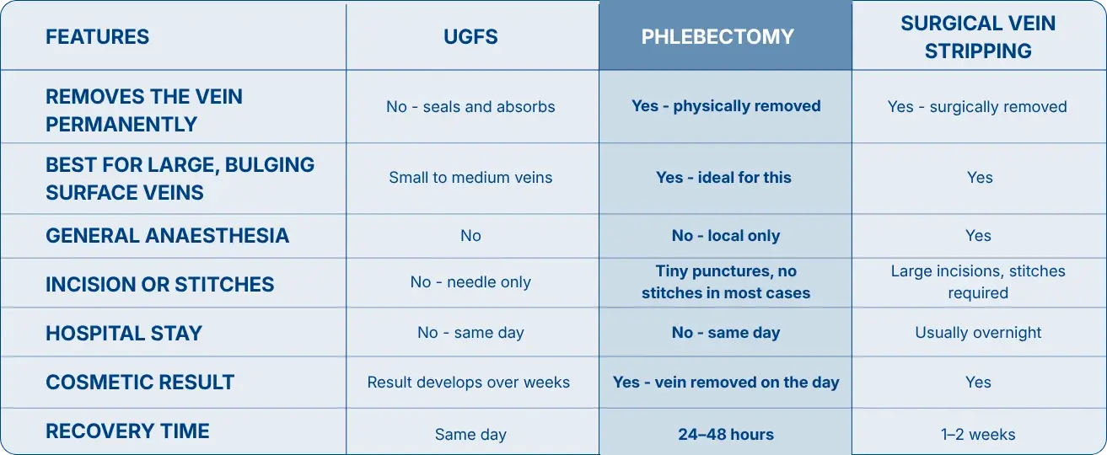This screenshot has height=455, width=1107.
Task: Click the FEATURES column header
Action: coord(97,37)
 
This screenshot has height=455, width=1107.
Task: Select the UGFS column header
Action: coord(470,37)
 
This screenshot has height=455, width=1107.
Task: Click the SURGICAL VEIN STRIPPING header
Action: coord(978,37)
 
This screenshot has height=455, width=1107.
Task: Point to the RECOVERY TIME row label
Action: coord(127,431)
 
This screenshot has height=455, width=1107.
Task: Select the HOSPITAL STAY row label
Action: coord(124,334)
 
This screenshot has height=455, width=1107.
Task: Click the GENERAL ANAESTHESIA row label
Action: coord(168,236)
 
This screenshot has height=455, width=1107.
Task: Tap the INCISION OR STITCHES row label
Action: coord(159,285)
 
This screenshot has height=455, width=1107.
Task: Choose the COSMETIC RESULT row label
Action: coord(140,383)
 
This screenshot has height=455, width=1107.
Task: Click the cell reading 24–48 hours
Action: coord(726,434)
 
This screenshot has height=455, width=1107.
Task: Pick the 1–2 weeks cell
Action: coord(978,434)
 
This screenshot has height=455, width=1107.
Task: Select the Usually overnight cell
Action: coord(978,333)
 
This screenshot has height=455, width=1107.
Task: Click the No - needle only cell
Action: coord(470,282)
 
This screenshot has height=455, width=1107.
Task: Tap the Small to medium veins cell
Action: coord(470,177)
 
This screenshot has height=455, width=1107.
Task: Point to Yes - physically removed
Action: coord(726,106)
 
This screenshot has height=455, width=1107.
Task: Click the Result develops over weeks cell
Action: coord(469,383)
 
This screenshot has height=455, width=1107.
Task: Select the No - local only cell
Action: coord(726,236)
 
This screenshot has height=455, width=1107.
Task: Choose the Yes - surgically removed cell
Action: coord(977,107)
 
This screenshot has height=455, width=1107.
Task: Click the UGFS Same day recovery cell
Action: coord(470,435)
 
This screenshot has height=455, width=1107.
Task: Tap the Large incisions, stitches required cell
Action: coord(978,282)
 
